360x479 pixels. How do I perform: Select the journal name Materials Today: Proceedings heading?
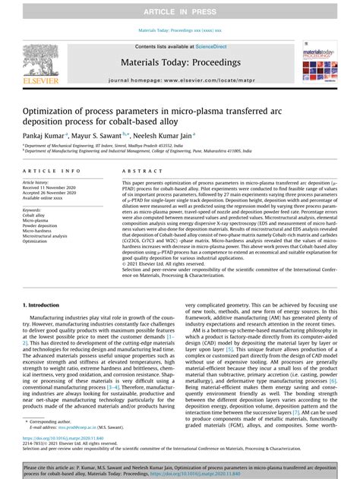pos(179,59)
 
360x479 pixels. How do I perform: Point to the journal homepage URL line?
pos(179,79)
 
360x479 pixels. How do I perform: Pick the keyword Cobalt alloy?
pos(38,216)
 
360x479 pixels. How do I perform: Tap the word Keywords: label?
pos(34,210)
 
